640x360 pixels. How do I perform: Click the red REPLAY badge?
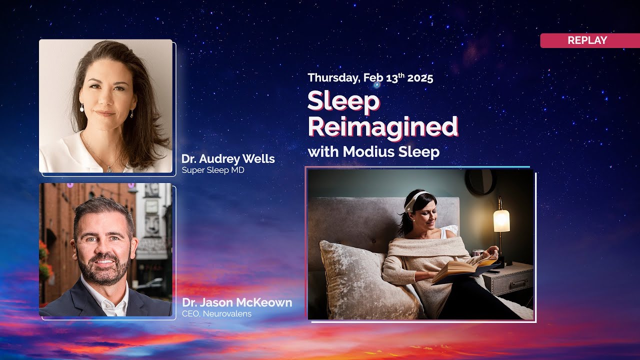tap(587, 40)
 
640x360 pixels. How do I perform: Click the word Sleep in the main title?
tap(343, 101)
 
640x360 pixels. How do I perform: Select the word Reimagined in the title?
tap(382, 126)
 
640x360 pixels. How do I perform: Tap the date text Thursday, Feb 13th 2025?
tap(370, 78)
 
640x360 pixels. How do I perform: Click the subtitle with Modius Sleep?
tap(373, 151)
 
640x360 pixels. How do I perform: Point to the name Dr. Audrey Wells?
tap(228, 159)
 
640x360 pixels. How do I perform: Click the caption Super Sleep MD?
tap(213, 170)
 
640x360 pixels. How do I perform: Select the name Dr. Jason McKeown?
tap(237, 302)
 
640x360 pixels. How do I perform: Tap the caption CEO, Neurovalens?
tap(216, 314)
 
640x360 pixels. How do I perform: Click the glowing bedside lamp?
tap(501, 220)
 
